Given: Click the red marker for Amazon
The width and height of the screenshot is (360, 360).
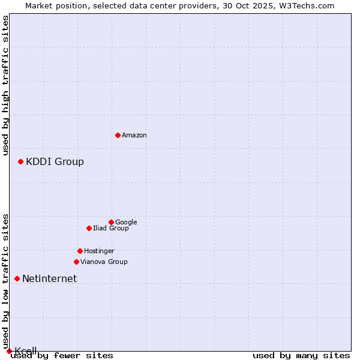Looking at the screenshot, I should tap(118, 135).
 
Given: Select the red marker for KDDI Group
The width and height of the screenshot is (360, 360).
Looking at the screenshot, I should tap(20, 161).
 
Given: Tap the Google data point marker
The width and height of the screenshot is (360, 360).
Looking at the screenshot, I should tap(111, 222).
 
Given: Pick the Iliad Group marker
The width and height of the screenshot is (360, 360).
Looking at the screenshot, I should tap(89, 228).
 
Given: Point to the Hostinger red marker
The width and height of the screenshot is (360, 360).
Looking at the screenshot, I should tap(80, 251).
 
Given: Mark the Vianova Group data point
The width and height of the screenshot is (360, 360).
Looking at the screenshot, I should tap(76, 262).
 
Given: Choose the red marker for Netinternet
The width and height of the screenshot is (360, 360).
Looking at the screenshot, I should tap(17, 278).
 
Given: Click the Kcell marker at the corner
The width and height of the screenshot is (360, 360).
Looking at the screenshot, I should tap(9, 351).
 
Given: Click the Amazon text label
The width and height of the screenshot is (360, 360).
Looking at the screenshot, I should tap(134, 136).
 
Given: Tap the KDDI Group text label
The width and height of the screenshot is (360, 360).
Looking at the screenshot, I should tap(55, 161).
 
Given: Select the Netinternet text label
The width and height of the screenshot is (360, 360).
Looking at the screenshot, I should tap(49, 278).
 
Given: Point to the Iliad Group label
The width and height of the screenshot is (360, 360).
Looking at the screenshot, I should tap(110, 228).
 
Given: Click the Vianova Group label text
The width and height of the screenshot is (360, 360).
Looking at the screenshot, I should tap(104, 262).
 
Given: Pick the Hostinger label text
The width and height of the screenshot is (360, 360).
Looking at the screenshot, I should tap(99, 251).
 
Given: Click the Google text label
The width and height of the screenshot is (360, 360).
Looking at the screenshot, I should tap(126, 222).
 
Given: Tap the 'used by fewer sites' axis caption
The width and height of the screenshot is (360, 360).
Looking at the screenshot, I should tap(62, 355).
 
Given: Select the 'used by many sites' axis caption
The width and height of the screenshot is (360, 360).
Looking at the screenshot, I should tap(301, 355).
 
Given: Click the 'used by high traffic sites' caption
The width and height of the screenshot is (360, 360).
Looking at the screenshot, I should tap(5, 85).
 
